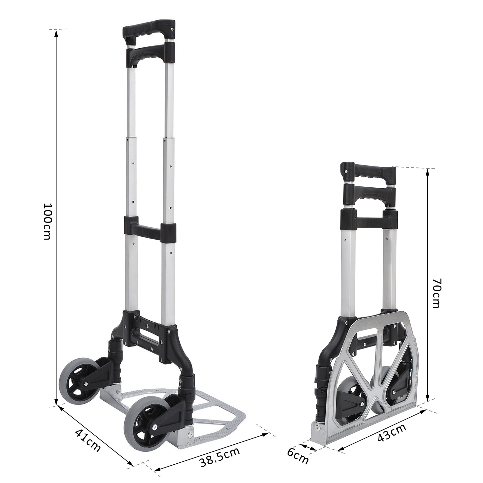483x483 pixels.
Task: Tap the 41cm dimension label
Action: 88,440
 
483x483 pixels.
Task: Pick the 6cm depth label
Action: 298,455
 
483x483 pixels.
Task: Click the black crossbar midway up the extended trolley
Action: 150,229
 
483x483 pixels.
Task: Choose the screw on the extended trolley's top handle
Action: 173,29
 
